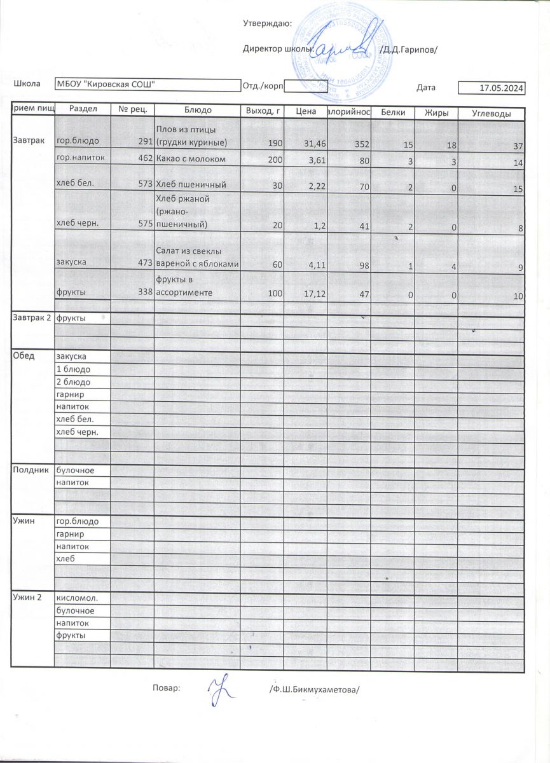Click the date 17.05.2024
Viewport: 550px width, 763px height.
[x=502, y=89]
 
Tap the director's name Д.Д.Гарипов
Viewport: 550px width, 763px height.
[x=408, y=50]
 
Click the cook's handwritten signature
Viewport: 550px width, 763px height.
[x=221, y=691]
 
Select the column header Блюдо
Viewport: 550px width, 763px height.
[x=198, y=111]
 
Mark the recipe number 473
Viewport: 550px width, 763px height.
[x=142, y=261]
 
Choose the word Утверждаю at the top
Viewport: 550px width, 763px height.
[x=267, y=24]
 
